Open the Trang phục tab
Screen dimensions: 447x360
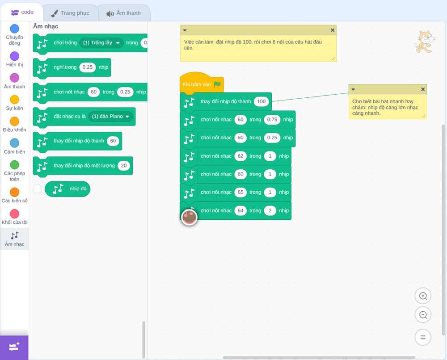70,13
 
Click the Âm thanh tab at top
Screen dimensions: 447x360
124,13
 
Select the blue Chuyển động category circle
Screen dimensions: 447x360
15,29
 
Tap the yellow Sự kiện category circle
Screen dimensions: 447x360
15,100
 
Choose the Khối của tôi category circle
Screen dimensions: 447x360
15,213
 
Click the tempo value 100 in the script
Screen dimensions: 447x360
261,101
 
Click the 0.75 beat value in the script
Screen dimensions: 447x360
272,120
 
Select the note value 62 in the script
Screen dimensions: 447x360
240,156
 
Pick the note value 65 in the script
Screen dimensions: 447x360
240,192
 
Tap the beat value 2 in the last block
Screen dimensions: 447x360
270,211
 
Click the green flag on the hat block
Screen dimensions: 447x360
218,84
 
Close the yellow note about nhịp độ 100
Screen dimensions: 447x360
333,30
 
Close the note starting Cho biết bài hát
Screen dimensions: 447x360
423,89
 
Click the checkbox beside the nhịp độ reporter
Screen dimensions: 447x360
37,189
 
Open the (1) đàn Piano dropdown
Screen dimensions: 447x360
110,117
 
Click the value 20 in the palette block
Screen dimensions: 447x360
124,166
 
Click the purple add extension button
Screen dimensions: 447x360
14,347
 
